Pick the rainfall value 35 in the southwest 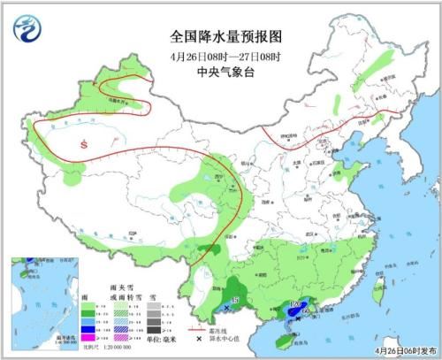tap(235, 303)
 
